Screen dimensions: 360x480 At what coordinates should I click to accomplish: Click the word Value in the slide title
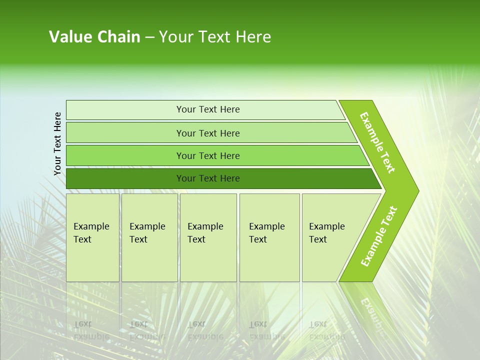(68, 37)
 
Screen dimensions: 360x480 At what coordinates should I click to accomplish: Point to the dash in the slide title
(149, 37)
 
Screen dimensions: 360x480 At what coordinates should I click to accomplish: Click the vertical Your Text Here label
(57, 143)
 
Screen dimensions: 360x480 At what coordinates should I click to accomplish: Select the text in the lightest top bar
(208, 109)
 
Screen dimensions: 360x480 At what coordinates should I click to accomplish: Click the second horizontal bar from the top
(208, 133)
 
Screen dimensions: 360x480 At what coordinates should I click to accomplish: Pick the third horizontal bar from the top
(208, 155)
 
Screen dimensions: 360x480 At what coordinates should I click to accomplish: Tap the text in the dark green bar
(208, 178)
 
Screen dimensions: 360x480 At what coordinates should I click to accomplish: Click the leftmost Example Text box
(92, 237)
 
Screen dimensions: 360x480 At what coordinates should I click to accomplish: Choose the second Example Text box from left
(149, 237)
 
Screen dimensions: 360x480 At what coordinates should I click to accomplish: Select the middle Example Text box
(208, 237)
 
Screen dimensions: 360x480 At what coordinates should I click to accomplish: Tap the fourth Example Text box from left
(269, 237)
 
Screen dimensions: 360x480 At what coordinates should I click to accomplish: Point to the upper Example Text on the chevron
(377, 142)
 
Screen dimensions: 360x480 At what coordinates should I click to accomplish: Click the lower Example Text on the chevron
(379, 236)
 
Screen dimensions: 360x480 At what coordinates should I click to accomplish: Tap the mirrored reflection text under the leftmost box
(91, 330)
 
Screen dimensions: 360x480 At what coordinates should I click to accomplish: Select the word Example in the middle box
(205, 226)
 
